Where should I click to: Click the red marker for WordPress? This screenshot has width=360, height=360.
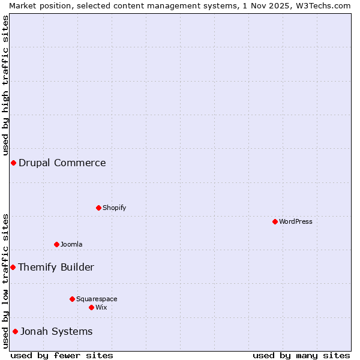pyautogui.click(x=275, y=221)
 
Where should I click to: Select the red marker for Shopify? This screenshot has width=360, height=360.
pyautogui.click(x=98, y=208)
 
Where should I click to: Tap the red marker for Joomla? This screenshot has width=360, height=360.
pyautogui.click(x=56, y=244)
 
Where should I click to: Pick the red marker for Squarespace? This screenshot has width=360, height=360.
pyautogui.click(x=72, y=299)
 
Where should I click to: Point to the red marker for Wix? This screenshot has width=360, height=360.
pyautogui.click(x=91, y=307)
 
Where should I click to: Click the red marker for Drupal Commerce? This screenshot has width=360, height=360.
pyautogui.click(x=13, y=163)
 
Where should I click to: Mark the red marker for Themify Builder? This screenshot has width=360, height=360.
pyautogui.click(x=13, y=267)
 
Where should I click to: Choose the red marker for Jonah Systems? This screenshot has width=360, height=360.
pyautogui.click(x=15, y=331)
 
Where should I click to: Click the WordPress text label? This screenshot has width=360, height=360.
pyautogui.click(x=296, y=221)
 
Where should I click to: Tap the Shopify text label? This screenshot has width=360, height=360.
pyautogui.click(x=114, y=208)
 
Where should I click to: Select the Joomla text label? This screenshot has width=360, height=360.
pyautogui.click(x=71, y=244)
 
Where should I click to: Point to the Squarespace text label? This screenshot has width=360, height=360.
pyautogui.click(x=97, y=299)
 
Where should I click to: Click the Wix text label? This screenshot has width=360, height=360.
pyautogui.click(x=101, y=307)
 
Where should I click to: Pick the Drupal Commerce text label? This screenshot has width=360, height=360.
pyautogui.click(x=62, y=163)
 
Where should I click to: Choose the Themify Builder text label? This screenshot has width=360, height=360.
pyautogui.click(x=56, y=267)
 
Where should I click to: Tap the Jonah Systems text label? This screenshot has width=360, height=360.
pyautogui.click(x=57, y=331)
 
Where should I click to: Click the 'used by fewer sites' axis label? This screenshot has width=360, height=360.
pyautogui.click(x=62, y=355)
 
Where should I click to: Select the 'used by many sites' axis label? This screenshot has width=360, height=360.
pyautogui.click(x=301, y=355)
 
